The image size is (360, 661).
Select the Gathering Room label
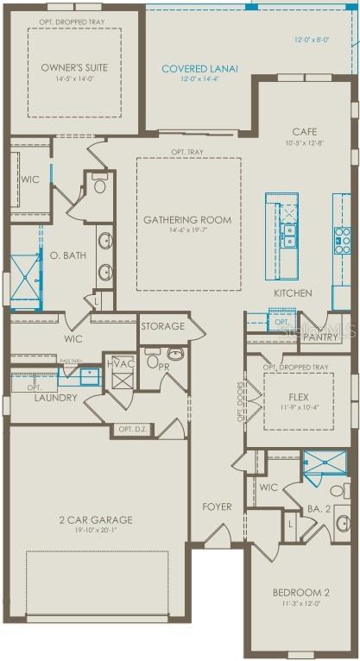point(187,220)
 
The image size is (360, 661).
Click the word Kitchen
point(293,293)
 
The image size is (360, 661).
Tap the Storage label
point(163,326)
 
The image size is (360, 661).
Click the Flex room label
point(298,399)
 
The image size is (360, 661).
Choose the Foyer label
point(217,507)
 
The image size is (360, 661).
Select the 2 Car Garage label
point(96,519)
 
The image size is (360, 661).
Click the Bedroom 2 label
point(300,593)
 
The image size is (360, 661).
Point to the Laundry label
point(56,398)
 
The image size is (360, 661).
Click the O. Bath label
point(66,255)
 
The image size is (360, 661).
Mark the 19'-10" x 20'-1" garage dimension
point(96,531)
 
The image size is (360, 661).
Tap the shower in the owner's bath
point(24,269)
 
